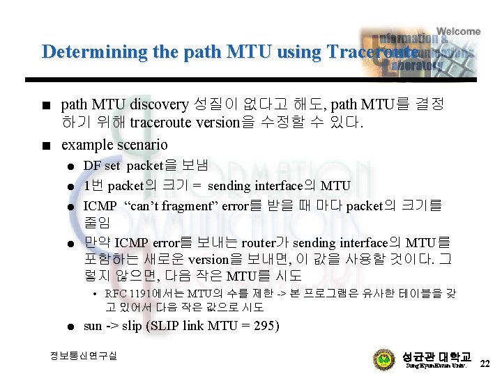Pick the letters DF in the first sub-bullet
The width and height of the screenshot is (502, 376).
pyautogui.click(x=92, y=166)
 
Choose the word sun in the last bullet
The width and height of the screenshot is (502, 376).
pyautogui.click(x=92, y=326)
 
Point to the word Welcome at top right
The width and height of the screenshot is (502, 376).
pyautogui.click(x=457, y=31)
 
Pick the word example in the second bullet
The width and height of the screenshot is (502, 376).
pyautogui.click(x=86, y=145)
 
